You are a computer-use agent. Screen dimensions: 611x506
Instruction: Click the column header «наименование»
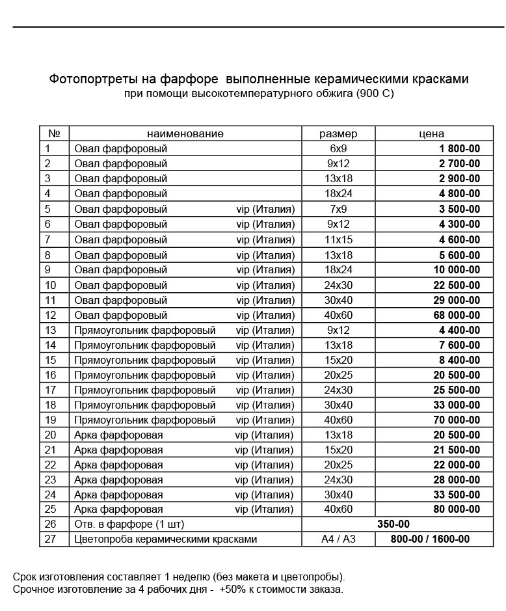[185, 133]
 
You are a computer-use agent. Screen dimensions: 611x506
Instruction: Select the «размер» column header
[338, 133]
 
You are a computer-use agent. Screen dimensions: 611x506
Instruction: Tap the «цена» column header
[432, 133]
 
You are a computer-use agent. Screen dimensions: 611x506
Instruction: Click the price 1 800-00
[459, 148]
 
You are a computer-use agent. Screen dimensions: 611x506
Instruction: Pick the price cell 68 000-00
[457, 316]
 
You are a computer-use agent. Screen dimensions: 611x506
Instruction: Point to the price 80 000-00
[457, 509]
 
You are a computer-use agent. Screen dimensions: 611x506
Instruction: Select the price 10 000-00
[457, 270]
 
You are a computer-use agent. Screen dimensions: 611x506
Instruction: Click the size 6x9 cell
[338, 148]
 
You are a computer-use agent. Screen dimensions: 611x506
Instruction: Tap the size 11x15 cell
[338, 240]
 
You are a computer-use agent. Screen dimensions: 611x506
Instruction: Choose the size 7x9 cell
[338, 210]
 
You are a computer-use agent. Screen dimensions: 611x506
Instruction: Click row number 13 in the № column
[51, 331]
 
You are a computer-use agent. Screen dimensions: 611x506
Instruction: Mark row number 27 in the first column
[51, 539]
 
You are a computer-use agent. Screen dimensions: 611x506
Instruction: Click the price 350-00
[393, 524]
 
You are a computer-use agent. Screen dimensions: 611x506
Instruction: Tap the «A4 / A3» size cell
[338, 539]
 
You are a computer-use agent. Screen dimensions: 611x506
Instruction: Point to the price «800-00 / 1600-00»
[430, 539]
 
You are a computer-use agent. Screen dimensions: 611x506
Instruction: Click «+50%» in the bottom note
[233, 590]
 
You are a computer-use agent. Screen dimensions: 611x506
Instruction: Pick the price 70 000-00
[457, 420]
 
